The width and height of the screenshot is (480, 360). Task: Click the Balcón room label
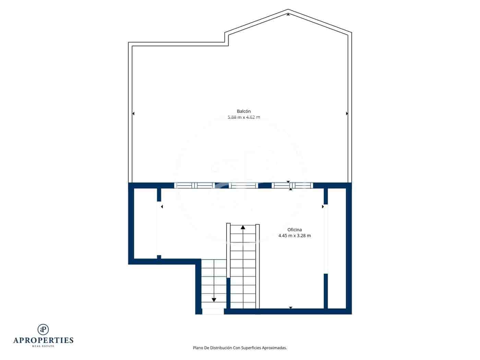point(244,111)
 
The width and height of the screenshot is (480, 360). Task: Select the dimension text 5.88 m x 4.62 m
point(244,117)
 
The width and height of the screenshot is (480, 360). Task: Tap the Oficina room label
point(295,230)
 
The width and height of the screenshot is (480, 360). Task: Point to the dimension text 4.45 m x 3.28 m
point(295,236)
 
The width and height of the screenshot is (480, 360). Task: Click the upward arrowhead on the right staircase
point(243,227)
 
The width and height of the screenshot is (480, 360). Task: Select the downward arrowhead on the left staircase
point(214,300)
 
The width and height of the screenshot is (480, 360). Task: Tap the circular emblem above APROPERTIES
point(43,329)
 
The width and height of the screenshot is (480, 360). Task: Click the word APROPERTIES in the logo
point(43,340)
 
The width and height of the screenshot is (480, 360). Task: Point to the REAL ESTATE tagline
point(43,346)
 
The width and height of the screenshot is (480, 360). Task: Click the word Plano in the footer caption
point(198,348)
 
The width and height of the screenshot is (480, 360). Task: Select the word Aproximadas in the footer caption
point(274,348)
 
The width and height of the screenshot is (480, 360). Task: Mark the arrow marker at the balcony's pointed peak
point(288,14)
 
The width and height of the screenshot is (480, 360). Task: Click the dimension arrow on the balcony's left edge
point(133,113)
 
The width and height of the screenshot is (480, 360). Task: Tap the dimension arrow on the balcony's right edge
point(347,113)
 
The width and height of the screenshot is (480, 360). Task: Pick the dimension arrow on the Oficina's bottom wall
point(291,308)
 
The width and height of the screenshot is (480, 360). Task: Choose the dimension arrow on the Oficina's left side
point(161,207)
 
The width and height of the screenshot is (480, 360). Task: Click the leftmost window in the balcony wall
point(184,185)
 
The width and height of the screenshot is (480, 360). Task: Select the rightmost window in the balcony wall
point(303,185)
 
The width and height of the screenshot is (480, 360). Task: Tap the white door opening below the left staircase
point(213,311)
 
